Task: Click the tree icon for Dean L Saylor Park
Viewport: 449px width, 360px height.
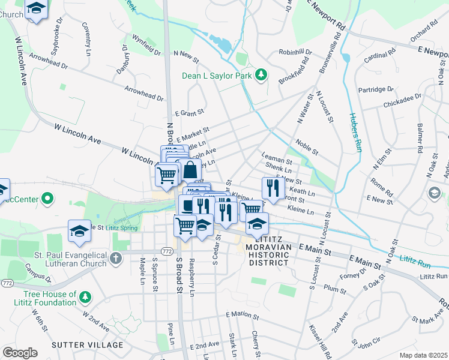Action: [x=261, y=74]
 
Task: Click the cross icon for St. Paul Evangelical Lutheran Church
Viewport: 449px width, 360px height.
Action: [x=116, y=259]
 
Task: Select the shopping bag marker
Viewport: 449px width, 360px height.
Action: [x=190, y=170]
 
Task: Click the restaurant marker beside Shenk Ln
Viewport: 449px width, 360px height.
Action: [x=273, y=188]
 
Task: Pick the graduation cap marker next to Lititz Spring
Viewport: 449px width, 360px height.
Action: [x=79, y=231]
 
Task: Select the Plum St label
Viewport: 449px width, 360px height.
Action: [x=331, y=287]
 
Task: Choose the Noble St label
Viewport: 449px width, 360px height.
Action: [x=307, y=144]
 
